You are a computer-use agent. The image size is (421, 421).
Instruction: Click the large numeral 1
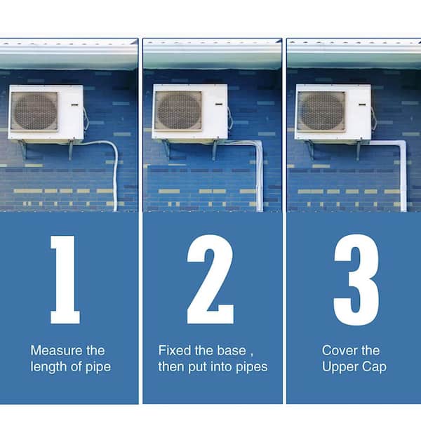(x=66, y=279)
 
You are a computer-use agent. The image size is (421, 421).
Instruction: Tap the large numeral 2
(x=210, y=279)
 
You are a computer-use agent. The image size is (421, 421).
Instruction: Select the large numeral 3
(x=356, y=280)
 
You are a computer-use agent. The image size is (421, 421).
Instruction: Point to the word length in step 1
(x=47, y=367)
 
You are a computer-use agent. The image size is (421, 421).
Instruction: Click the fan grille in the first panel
(x=34, y=111)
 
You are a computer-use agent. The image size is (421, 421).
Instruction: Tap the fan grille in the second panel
(x=178, y=111)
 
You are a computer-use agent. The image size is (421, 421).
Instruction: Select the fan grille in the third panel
(x=321, y=111)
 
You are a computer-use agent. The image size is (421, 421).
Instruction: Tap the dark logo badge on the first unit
(x=74, y=105)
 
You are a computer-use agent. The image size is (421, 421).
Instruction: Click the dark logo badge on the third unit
(x=363, y=105)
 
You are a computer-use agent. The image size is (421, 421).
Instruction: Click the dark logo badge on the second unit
(x=219, y=104)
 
